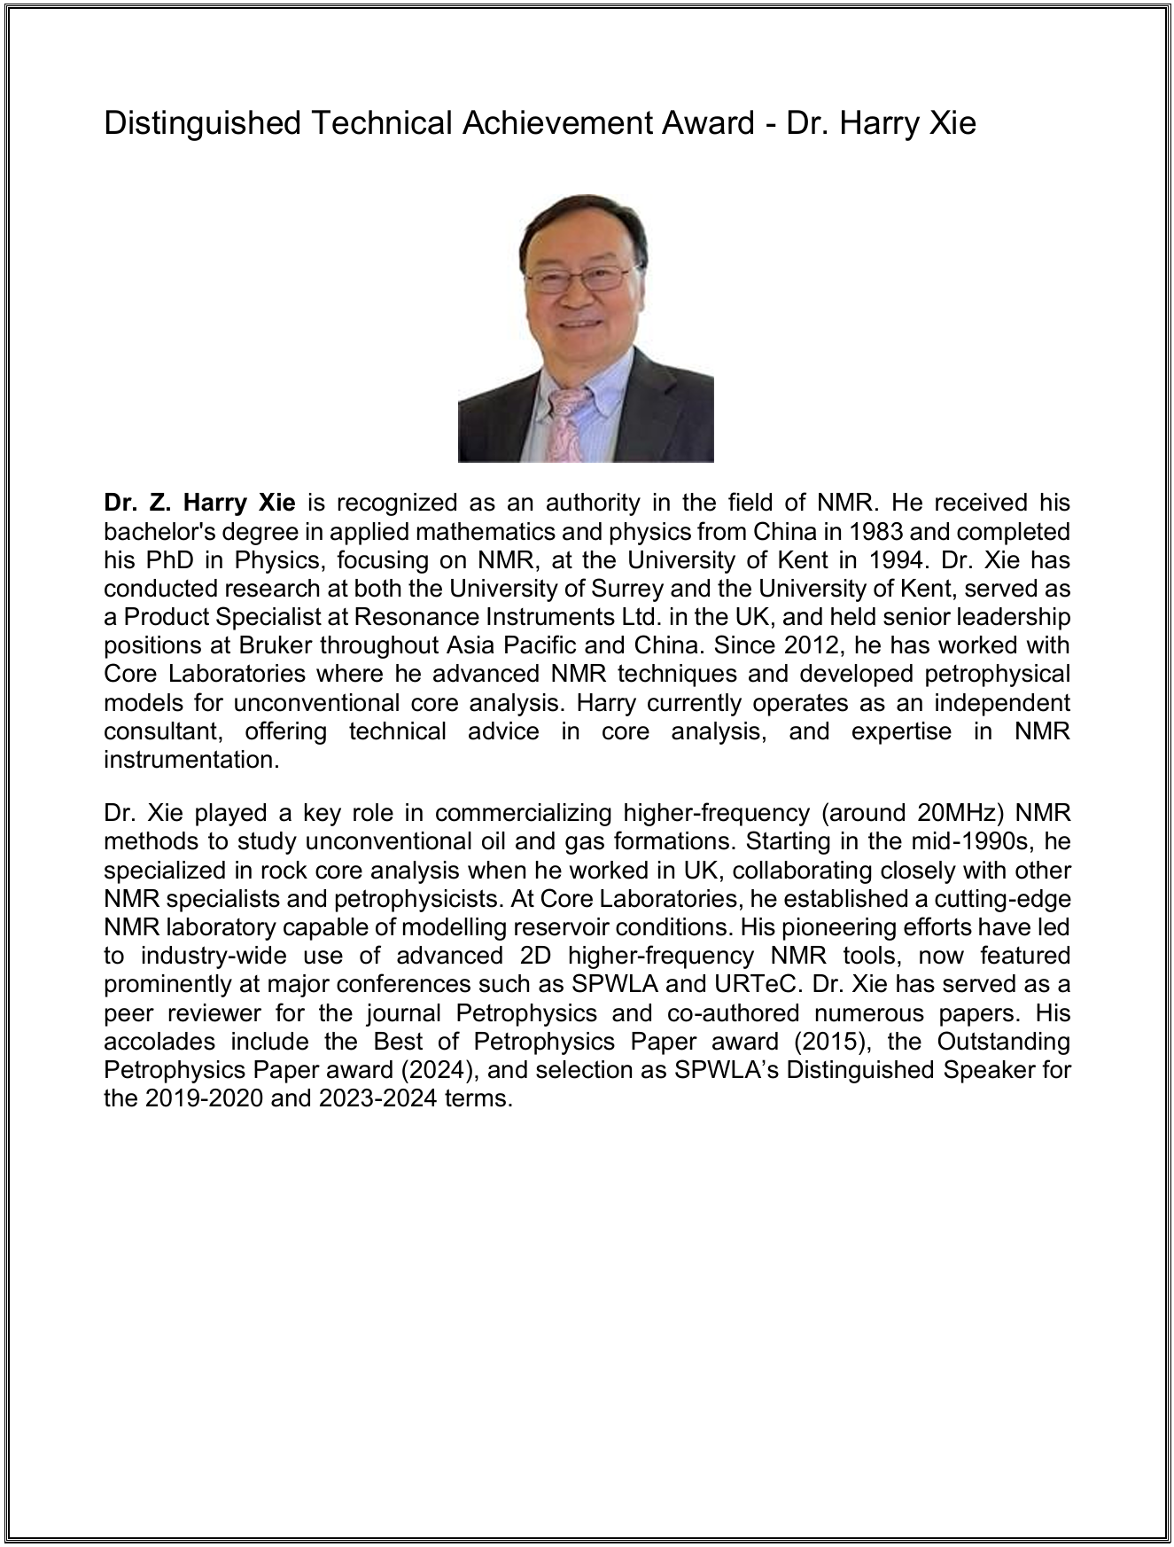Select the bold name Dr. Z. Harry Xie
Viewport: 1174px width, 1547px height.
(x=199, y=504)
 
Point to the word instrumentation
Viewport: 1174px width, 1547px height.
(x=191, y=761)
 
